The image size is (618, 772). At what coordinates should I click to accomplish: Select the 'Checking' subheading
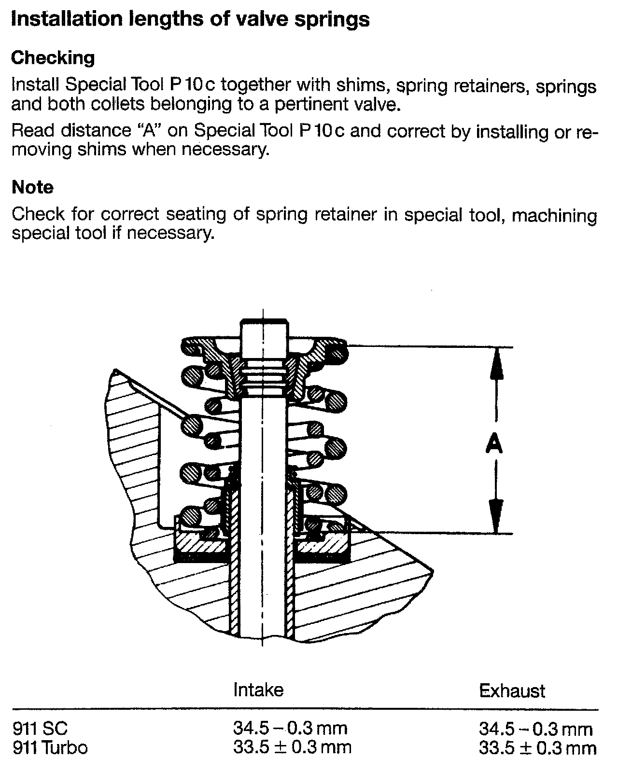click(53, 58)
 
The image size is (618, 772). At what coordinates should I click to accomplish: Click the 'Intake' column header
click(258, 689)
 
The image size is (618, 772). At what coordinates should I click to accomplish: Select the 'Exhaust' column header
click(512, 691)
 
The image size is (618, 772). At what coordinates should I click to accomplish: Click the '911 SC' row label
click(39, 728)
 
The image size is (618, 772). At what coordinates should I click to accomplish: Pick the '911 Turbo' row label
click(50, 748)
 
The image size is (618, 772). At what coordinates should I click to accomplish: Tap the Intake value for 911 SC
click(290, 728)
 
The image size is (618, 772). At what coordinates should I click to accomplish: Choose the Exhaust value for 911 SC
click(535, 729)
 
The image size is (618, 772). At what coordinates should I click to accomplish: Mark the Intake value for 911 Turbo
click(292, 747)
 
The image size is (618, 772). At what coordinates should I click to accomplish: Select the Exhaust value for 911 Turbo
click(537, 748)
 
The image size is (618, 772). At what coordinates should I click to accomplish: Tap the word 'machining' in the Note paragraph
click(554, 215)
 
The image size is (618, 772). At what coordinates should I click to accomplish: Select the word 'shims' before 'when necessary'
click(100, 150)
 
